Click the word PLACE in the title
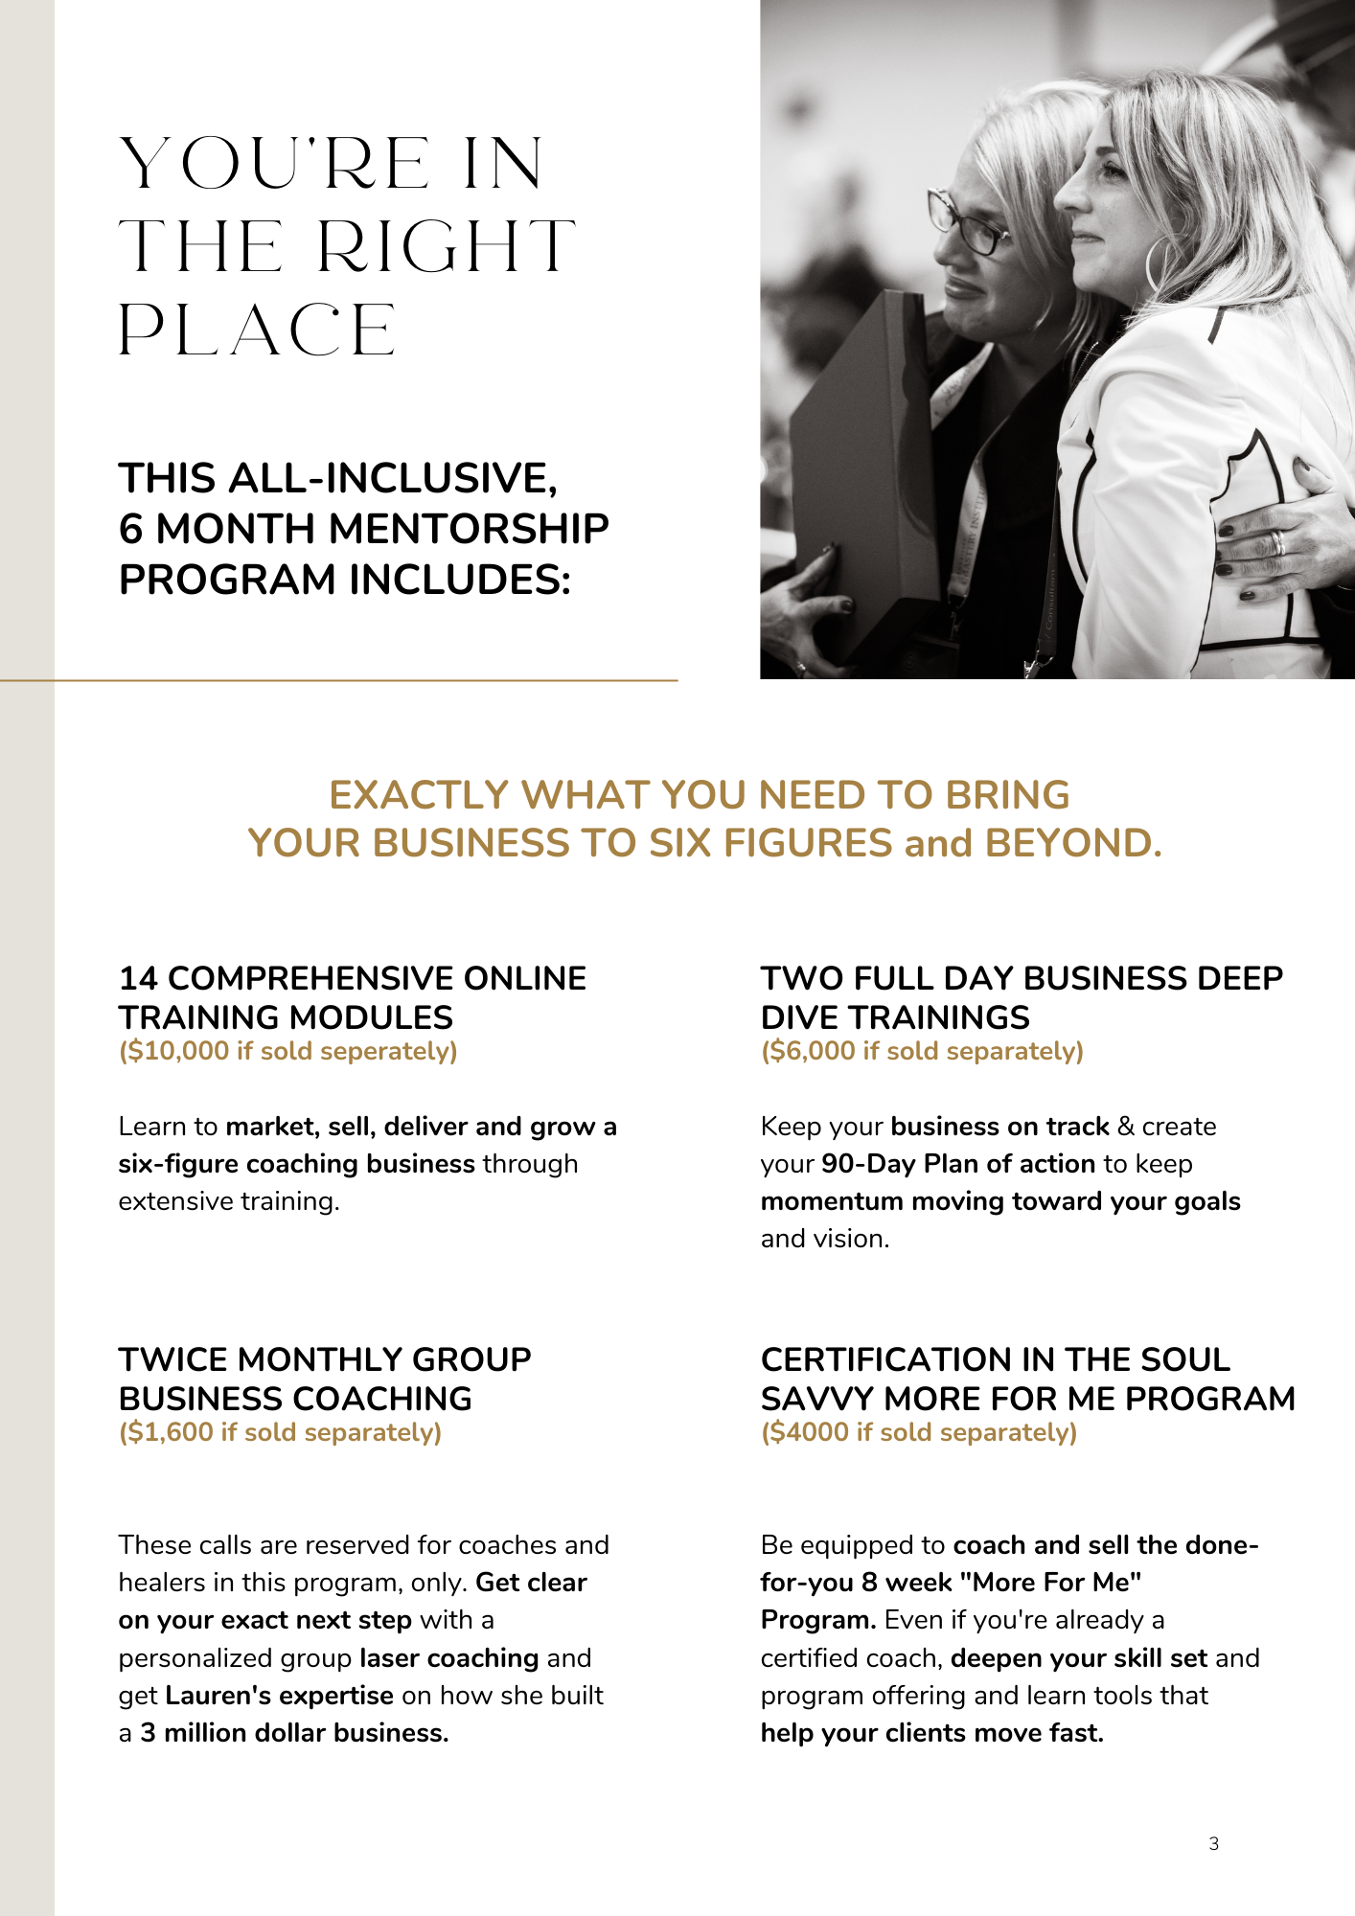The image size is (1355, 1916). tap(257, 331)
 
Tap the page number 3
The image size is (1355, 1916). tap(1214, 1843)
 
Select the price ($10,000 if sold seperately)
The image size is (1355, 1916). tap(287, 1051)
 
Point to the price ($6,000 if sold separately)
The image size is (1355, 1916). tap(922, 1051)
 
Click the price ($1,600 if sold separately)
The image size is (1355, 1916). tap(280, 1432)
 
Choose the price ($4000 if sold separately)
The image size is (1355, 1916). tap(919, 1432)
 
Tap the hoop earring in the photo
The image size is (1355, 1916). tap(1159, 263)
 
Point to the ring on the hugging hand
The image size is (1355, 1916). tap(1277, 542)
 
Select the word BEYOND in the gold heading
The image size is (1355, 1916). tap(1073, 843)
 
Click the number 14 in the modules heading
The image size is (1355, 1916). tap(138, 978)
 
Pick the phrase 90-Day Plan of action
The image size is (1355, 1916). tap(958, 1163)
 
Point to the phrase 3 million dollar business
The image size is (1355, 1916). tap(294, 1732)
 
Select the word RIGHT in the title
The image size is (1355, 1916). tap(446, 247)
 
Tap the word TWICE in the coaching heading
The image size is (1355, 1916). tap(172, 1359)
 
